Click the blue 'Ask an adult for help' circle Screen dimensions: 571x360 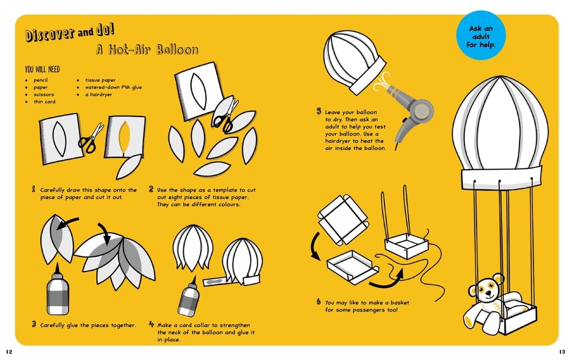[481, 35]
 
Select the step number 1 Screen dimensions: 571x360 [34, 189]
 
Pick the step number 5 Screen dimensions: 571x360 [319, 111]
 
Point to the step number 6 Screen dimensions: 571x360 [319, 302]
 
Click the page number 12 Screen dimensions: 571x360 [9, 352]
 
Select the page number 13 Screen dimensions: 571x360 [561, 352]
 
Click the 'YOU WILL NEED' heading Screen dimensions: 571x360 [42, 69]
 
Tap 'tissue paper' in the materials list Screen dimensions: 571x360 [101, 80]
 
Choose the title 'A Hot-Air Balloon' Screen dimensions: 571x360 [147, 50]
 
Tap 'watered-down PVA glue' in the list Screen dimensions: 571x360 [114, 87]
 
